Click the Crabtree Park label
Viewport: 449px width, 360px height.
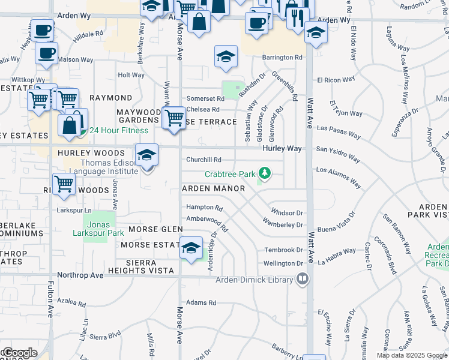(x=230, y=175)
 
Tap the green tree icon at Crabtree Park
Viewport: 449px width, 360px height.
(x=264, y=175)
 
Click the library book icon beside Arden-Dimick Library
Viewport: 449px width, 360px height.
(x=302, y=279)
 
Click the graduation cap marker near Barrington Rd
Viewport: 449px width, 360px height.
(x=226, y=57)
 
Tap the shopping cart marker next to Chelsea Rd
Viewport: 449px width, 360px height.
(x=174, y=116)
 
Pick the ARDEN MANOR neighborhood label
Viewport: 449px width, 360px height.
(x=214, y=189)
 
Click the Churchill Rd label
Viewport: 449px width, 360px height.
(x=204, y=160)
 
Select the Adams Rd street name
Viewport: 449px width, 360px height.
(x=200, y=303)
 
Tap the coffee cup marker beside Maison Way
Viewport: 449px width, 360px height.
(x=46, y=53)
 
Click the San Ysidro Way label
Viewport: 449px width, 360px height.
(x=338, y=154)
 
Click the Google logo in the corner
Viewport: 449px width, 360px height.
(x=19, y=353)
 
